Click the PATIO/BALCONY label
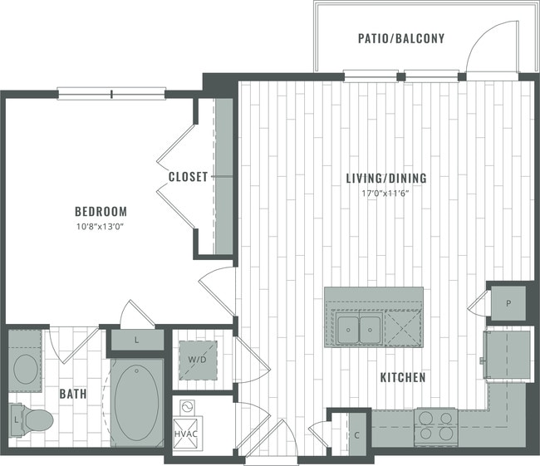[401, 38]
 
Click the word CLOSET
[188, 177]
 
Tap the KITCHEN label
[403, 378]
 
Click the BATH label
[72, 393]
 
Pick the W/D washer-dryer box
[198, 360]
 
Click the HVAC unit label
[185, 434]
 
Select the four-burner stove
[434, 426]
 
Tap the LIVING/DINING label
[386, 178]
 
